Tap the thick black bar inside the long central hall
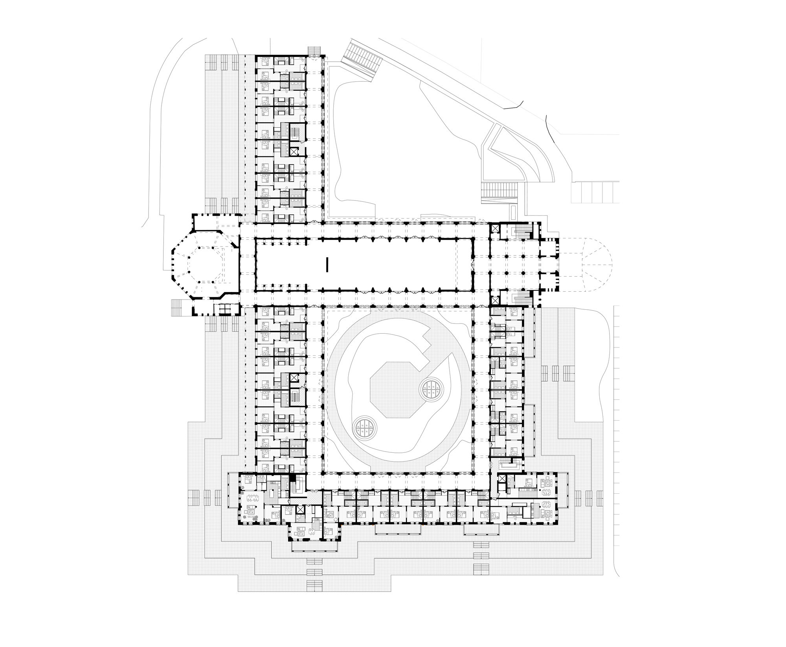click(x=327, y=264)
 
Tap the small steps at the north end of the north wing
click(x=314, y=50)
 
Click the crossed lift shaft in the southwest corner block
click(x=300, y=510)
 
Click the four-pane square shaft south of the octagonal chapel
click(x=224, y=309)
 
